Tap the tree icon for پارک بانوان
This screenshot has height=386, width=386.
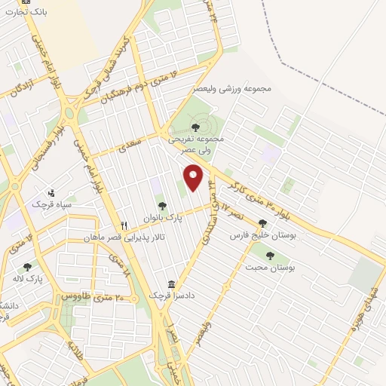pyautogui.click(x=161, y=206)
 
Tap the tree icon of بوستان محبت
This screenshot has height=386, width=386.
pyautogui.click(x=269, y=255)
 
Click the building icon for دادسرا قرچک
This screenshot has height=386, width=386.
pyautogui.click(x=173, y=284)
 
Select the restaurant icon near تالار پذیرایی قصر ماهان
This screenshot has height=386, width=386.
pyautogui.click(x=124, y=225)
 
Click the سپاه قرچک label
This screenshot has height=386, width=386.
pyautogui.click(x=51, y=204)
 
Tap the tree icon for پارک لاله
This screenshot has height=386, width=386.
pyautogui.click(x=28, y=267)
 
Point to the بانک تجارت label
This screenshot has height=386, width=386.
pyautogui.click(x=27, y=13)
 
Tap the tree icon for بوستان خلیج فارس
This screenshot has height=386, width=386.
pyautogui.click(x=262, y=223)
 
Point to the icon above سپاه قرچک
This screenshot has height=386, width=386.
pyautogui.click(x=51, y=192)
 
